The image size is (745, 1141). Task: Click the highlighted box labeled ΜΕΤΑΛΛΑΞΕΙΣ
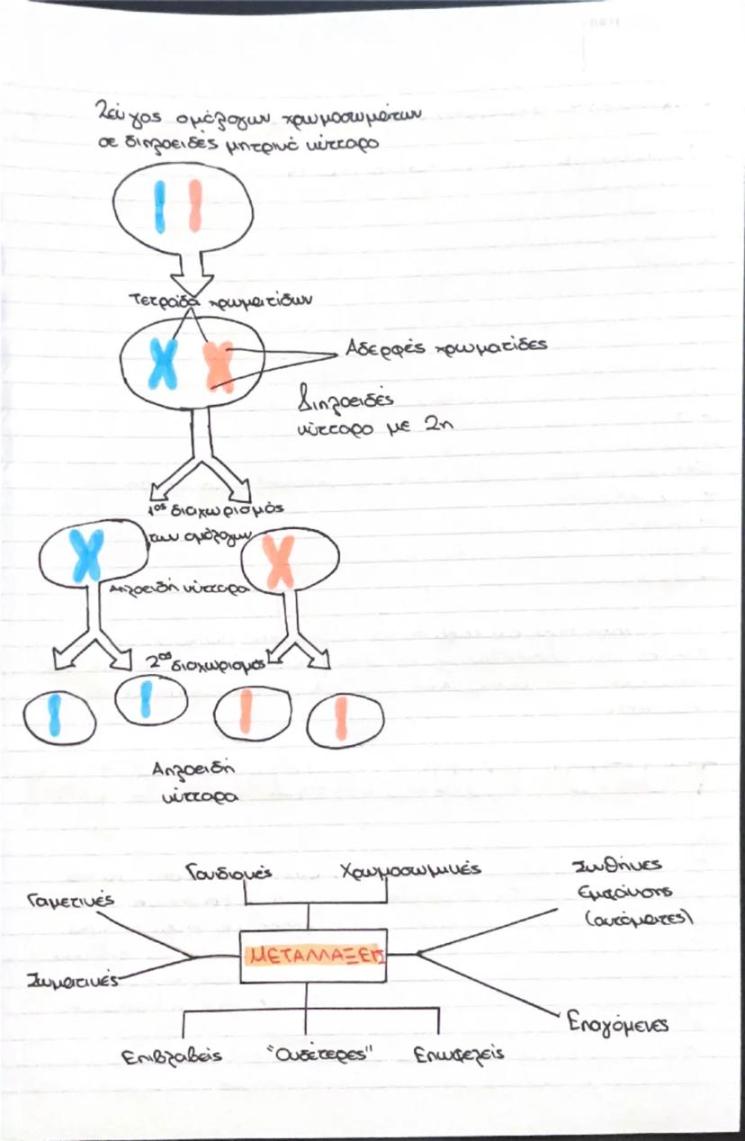tap(314, 956)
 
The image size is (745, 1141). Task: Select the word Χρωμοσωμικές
tap(409, 871)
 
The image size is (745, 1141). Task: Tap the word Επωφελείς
tap(459, 1055)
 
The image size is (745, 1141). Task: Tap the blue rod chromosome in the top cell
tap(160, 206)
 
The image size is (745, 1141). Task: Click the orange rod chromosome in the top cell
tap(195, 206)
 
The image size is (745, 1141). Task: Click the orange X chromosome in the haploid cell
tap(280, 562)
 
